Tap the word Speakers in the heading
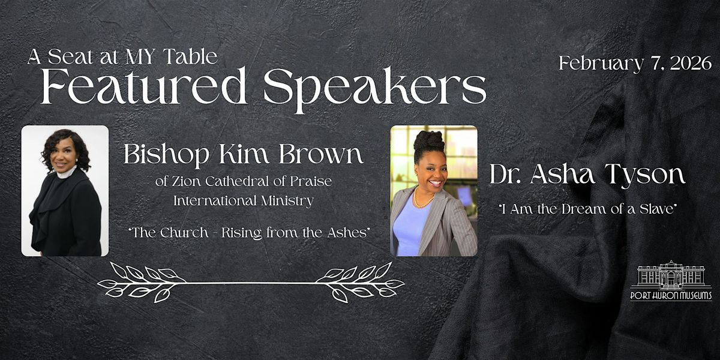[375, 90]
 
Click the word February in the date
[601, 65]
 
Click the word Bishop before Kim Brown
[167, 155]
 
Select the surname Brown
[321, 154]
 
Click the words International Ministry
[244, 201]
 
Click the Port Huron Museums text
[671, 296]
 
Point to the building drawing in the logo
[671, 275]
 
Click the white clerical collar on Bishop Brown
[67, 173]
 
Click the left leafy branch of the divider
[142, 282]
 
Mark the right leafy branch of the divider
[360, 282]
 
